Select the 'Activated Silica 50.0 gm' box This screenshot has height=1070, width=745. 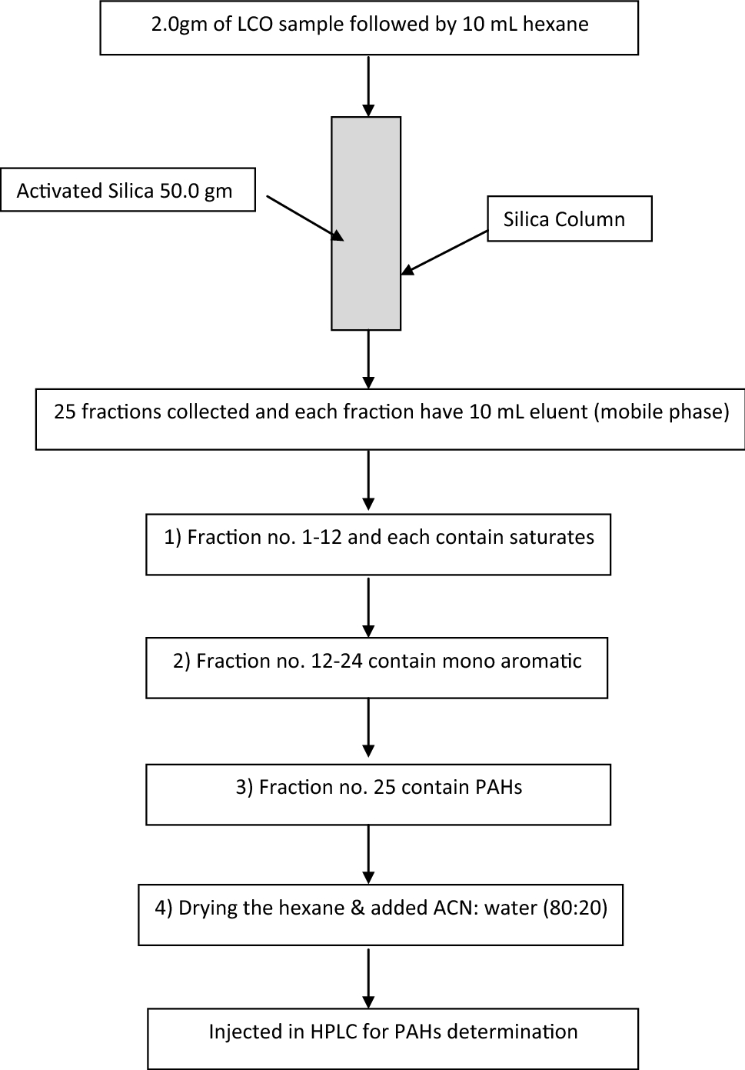[127, 190]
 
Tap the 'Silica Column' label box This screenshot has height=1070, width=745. [569, 219]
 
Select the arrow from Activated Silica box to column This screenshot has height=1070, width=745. [304, 218]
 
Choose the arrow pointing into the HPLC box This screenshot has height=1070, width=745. [369, 978]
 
